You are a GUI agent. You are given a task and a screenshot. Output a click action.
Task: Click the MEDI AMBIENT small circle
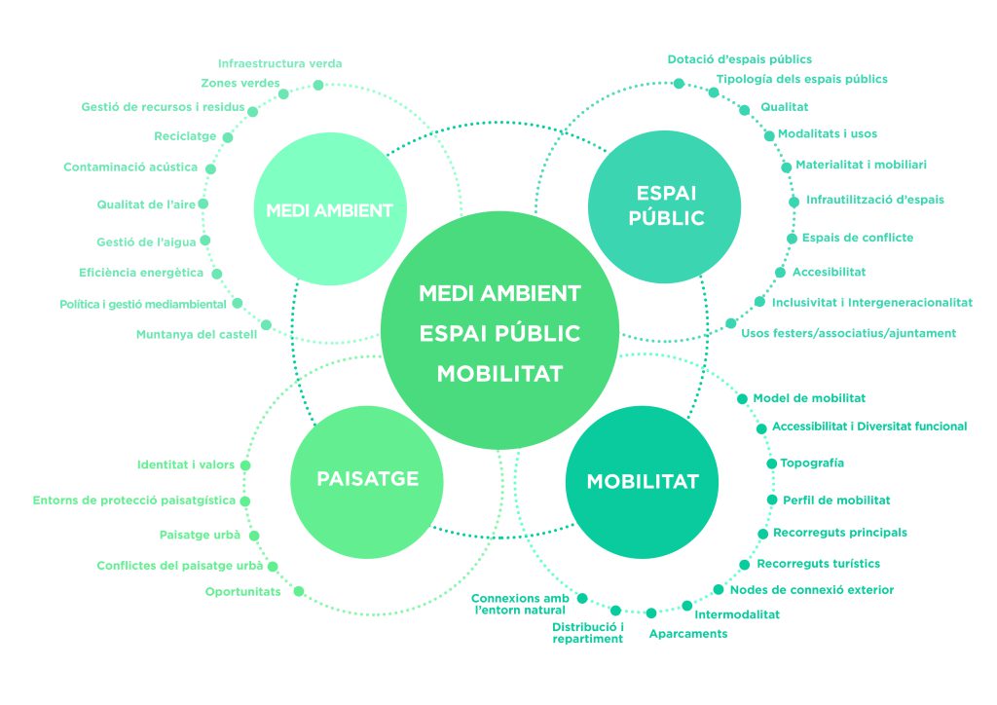pos(329,210)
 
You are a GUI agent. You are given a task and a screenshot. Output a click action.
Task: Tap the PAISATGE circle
pos(367,478)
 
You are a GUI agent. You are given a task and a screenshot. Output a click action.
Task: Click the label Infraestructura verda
pos(279,64)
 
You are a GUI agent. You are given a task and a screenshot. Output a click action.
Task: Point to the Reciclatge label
pos(185,136)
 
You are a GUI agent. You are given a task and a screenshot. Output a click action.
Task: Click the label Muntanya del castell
pos(197,335)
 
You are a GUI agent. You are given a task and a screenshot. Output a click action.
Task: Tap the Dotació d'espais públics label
pos(739,60)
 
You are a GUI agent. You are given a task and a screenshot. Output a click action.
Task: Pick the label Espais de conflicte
pos(858,238)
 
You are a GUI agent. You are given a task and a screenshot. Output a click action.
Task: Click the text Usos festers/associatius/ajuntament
pos(848,333)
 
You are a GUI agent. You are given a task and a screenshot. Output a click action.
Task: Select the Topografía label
pos(812,463)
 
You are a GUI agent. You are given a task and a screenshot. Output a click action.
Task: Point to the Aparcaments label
pos(688,634)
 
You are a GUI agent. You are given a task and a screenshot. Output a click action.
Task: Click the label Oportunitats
pos(242,592)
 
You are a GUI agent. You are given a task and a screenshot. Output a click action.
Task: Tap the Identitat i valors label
pos(186,465)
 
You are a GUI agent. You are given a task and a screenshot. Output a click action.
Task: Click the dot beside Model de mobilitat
pos(743,398)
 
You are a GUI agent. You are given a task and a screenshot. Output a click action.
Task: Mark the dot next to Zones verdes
pos(283,94)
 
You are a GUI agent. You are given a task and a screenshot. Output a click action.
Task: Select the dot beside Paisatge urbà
pos(253,536)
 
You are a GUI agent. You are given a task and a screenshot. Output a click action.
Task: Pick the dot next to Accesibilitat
pos(780,273)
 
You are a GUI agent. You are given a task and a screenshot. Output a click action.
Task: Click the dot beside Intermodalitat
pos(686,606)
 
